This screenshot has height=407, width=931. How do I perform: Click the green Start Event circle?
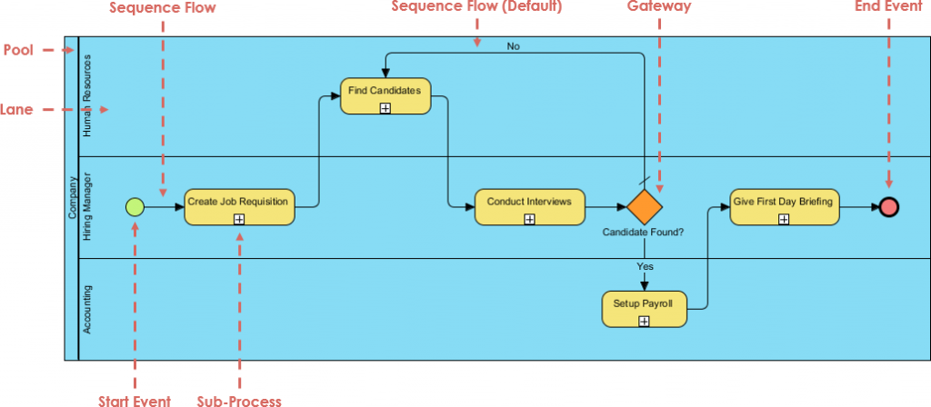click(x=135, y=207)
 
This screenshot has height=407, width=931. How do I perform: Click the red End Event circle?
click(x=888, y=207)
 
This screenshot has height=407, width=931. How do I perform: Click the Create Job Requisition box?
click(x=239, y=206)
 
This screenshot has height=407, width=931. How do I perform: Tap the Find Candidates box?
click(x=385, y=95)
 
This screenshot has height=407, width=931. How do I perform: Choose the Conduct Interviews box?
click(x=529, y=206)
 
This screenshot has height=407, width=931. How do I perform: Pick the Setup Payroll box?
click(x=644, y=309)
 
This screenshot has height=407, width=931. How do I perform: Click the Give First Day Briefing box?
click(x=783, y=206)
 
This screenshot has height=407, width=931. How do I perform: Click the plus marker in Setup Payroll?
click(x=644, y=321)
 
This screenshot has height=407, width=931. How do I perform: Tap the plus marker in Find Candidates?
click(x=385, y=108)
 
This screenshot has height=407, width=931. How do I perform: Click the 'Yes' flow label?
click(x=644, y=267)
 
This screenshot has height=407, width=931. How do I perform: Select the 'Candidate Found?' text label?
click(x=643, y=233)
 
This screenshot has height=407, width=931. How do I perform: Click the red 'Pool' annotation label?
click(x=19, y=50)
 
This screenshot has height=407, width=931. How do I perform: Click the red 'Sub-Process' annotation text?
click(x=239, y=400)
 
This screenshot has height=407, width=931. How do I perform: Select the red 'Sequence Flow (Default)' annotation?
click(x=476, y=7)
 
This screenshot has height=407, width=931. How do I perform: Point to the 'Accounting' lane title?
click(x=87, y=309)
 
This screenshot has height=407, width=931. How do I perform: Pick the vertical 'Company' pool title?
click(x=72, y=198)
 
